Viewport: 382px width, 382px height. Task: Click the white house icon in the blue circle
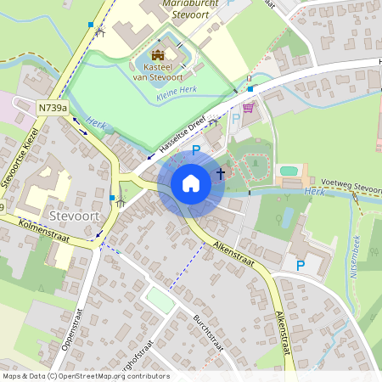click(x=191, y=183)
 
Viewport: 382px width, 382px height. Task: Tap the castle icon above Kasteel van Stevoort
click(x=156, y=55)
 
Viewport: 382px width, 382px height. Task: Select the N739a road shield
click(x=53, y=108)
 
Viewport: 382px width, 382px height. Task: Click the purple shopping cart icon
click(x=248, y=108)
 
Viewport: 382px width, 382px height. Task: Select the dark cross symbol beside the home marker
click(x=221, y=173)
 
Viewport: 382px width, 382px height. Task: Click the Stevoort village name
click(x=75, y=216)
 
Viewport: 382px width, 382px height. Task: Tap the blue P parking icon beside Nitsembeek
click(x=300, y=266)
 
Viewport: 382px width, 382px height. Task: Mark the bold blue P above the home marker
click(x=196, y=151)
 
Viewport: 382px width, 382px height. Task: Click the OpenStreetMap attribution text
click(x=86, y=376)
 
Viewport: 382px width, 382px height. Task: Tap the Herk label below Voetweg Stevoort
click(x=314, y=194)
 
